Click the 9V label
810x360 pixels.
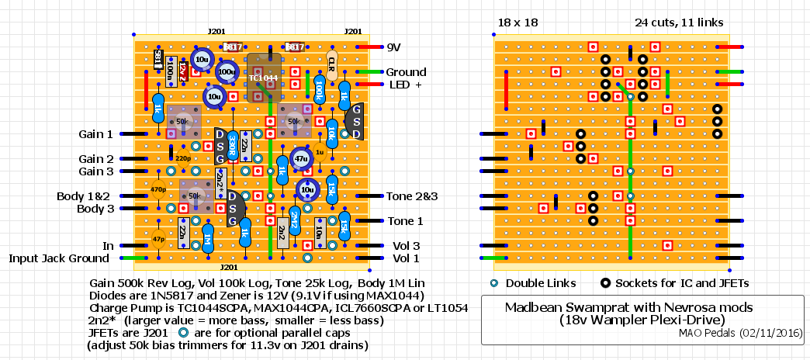tap(395, 47)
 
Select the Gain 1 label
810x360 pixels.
tap(95, 134)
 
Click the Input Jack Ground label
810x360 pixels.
tap(59, 258)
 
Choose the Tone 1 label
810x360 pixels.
tap(405, 221)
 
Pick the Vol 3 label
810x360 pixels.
tap(406, 246)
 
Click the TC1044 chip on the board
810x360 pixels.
tap(264, 78)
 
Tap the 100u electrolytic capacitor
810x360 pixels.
tap(227, 72)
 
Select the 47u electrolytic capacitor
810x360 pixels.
tap(300, 158)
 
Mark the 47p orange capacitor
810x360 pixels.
tap(158, 239)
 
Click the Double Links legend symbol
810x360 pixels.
tap(494, 282)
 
